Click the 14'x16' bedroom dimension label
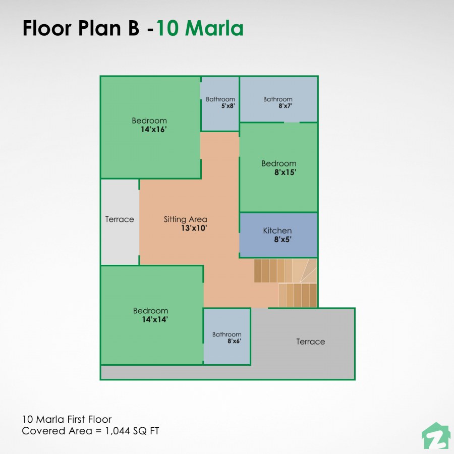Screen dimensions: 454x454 point(153,130)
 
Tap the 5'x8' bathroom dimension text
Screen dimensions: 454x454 point(228,106)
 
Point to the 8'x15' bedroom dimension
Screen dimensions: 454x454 point(285,172)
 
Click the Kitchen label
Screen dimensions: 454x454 point(277,231)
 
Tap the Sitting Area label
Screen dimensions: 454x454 point(185,219)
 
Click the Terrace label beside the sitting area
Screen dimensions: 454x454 point(120,219)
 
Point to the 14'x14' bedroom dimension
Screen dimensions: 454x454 point(155,319)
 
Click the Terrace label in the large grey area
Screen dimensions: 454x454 point(310,342)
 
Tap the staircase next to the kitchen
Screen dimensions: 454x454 point(286,283)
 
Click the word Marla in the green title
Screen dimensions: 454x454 point(214,29)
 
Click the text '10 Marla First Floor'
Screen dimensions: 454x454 point(67,419)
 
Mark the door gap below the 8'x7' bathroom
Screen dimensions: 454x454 point(292,122)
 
